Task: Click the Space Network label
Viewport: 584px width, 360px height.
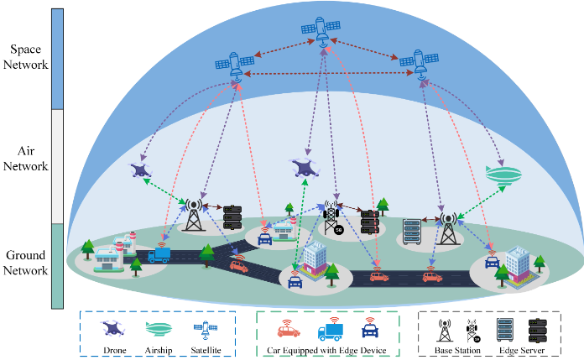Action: click(26, 56)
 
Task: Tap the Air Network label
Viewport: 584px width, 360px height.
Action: click(26, 159)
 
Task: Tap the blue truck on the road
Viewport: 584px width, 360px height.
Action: click(159, 253)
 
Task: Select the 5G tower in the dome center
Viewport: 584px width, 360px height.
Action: click(334, 218)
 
